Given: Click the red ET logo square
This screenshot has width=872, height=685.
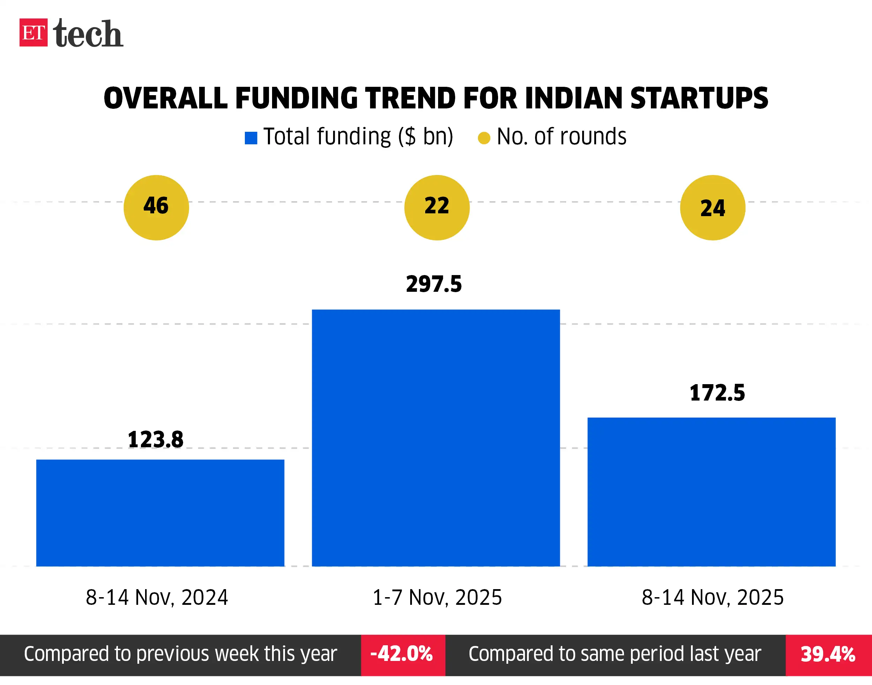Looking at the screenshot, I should click(33, 32).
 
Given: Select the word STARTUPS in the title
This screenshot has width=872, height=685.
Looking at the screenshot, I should click(699, 98).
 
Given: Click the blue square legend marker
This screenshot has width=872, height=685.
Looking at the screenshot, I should click(251, 138).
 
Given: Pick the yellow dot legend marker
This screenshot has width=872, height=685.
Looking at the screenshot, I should click(484, 138).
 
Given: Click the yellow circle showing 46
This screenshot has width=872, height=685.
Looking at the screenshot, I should click(156, 207).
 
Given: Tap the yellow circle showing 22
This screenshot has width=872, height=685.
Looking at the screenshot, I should click(437, 207).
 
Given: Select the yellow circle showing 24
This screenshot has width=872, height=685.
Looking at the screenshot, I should click(712, 207).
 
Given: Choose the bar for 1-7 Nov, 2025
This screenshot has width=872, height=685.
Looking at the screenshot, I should click(436, 437).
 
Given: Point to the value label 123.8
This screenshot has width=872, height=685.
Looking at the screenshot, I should click(155, 439).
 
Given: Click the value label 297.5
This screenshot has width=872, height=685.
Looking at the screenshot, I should click(434, 284).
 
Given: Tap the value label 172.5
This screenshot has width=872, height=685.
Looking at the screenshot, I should click(717, 393).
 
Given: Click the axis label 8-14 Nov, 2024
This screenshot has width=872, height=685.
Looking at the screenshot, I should click(157, 597).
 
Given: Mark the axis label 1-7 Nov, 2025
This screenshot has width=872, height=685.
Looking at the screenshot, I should click(437, 597).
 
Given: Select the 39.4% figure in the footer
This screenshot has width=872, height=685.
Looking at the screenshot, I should click(828, 654).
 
